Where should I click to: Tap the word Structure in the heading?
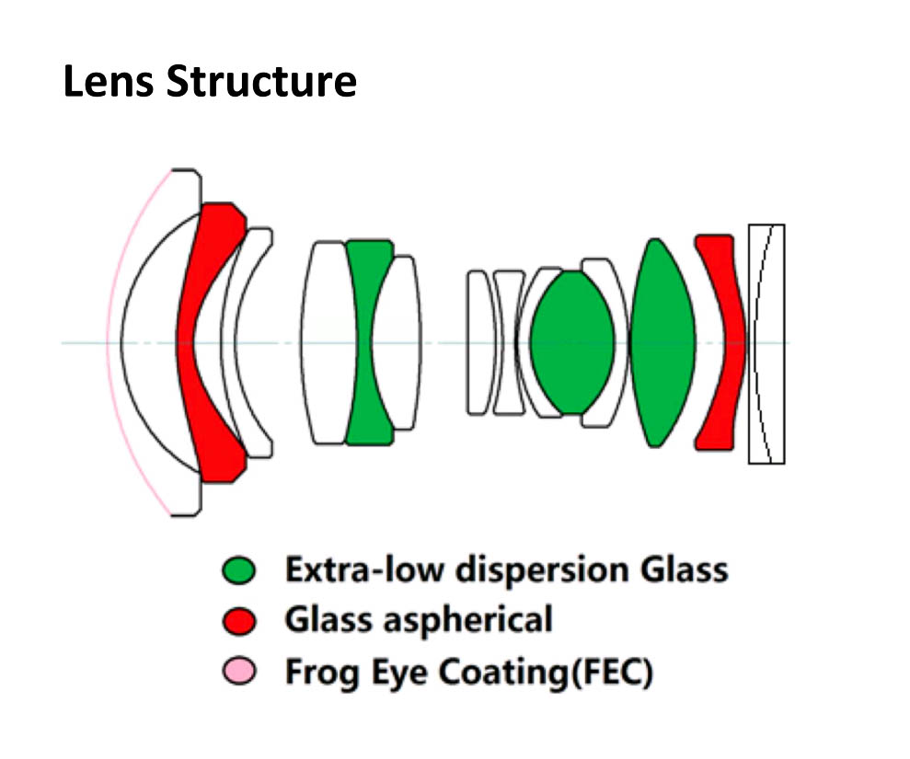pyautogui.click(x=261, y=82)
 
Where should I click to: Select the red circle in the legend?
pyautogui.click(x=238, y=622)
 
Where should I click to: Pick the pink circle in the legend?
pyautogui.click(x=238, y=673)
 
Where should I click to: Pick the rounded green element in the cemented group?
pyautogui.click(x=572, y=342)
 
